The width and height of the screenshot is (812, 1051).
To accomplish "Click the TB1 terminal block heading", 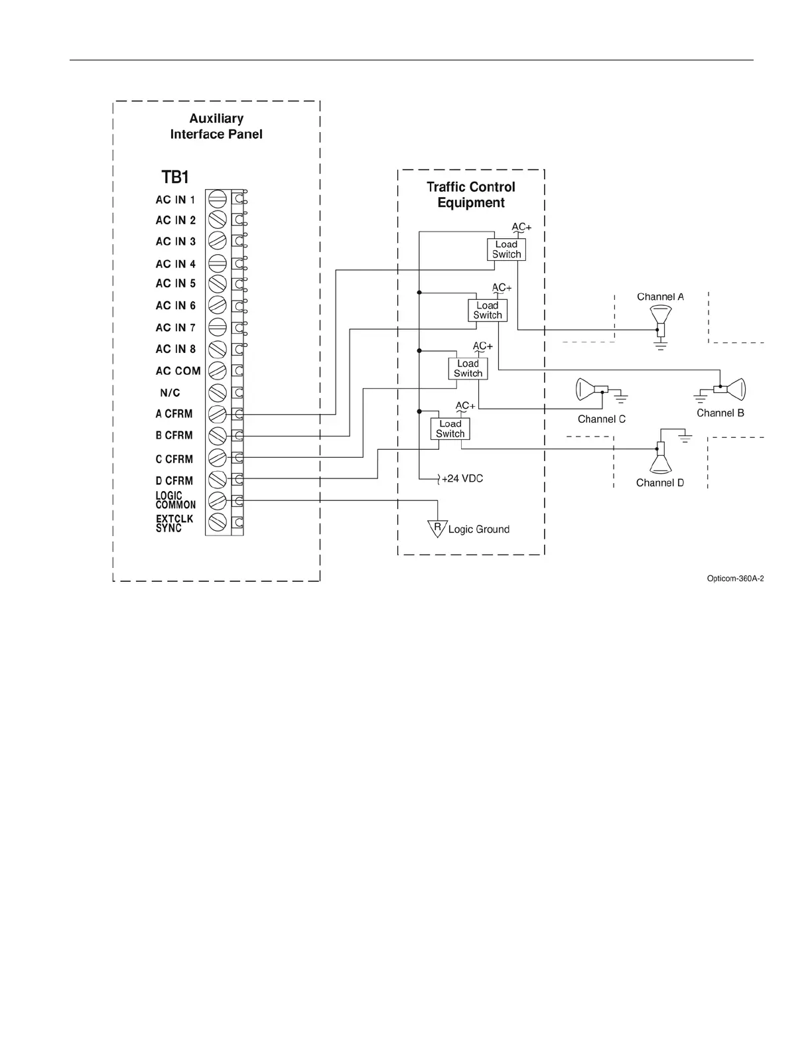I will point(175,177).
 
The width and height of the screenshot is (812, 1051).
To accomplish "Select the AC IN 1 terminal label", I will point(175,200).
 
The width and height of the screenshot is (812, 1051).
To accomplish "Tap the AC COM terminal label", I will point(178,371).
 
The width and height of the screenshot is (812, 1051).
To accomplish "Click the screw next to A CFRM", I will point(217,414).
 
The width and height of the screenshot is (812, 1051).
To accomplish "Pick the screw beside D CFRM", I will point(217,479).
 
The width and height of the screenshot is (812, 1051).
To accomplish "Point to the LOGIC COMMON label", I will point(175,500).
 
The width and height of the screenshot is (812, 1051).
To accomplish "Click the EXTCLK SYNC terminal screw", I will point(217,522).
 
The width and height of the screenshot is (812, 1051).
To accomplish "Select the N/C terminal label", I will point(170,393).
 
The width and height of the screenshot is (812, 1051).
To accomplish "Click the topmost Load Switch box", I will point(506,249).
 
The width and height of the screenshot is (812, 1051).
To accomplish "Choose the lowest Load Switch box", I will point(450,429).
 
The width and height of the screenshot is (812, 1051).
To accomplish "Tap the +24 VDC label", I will point(462,478).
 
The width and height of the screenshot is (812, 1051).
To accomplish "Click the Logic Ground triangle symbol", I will point(437,529).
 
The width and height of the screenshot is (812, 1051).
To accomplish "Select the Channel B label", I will point(720,413).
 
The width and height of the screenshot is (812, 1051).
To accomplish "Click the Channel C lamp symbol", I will point(590,389).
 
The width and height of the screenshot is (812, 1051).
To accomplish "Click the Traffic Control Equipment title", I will point(471,195).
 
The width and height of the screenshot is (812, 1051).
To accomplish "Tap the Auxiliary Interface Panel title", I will point(216,126).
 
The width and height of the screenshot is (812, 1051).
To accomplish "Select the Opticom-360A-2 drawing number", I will point(735,579).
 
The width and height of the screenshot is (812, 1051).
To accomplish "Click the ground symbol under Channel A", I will point(660,345).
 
